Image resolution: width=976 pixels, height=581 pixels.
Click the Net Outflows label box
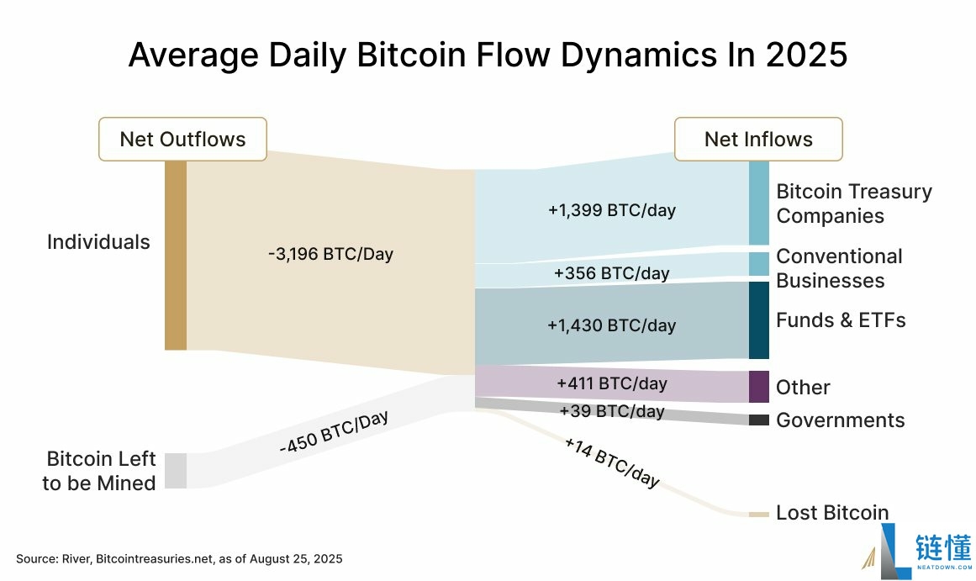click(x=182, y=139)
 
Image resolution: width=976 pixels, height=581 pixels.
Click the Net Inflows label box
click(x=758, y=139)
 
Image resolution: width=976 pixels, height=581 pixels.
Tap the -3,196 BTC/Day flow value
click(x=330, y=254)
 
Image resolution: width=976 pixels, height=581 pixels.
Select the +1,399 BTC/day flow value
click(x=611, y=210)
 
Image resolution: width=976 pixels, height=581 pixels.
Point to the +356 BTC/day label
click(x=611, y=273)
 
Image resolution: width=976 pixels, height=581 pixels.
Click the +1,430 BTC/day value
click(x=611, y=325)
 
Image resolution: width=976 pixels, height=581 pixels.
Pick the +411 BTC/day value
click(x=611, y=384)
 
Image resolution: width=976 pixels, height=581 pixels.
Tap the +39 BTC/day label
click(x=611, y=411)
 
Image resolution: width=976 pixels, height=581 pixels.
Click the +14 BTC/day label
click(x=612, y=462)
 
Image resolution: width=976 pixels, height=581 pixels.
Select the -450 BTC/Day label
click(x=334, y=434)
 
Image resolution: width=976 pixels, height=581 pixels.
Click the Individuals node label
click(x=98, y=242)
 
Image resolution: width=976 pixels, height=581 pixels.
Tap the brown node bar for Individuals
click(x=175, y=255)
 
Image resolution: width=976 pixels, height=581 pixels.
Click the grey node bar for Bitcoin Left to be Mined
click(x=175, y=470)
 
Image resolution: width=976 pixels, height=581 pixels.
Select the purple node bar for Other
click(x=758, y=387)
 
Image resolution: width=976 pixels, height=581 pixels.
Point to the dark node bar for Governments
click(x=758, y=420)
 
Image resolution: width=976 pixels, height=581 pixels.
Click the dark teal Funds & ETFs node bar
click(x=758, y=320)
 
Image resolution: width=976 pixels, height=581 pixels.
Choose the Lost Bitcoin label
click(x=831, y=513)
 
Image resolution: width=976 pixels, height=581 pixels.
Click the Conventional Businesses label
click(x=838, y=268)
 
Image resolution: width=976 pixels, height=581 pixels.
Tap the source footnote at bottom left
click(x=179, y=559)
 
